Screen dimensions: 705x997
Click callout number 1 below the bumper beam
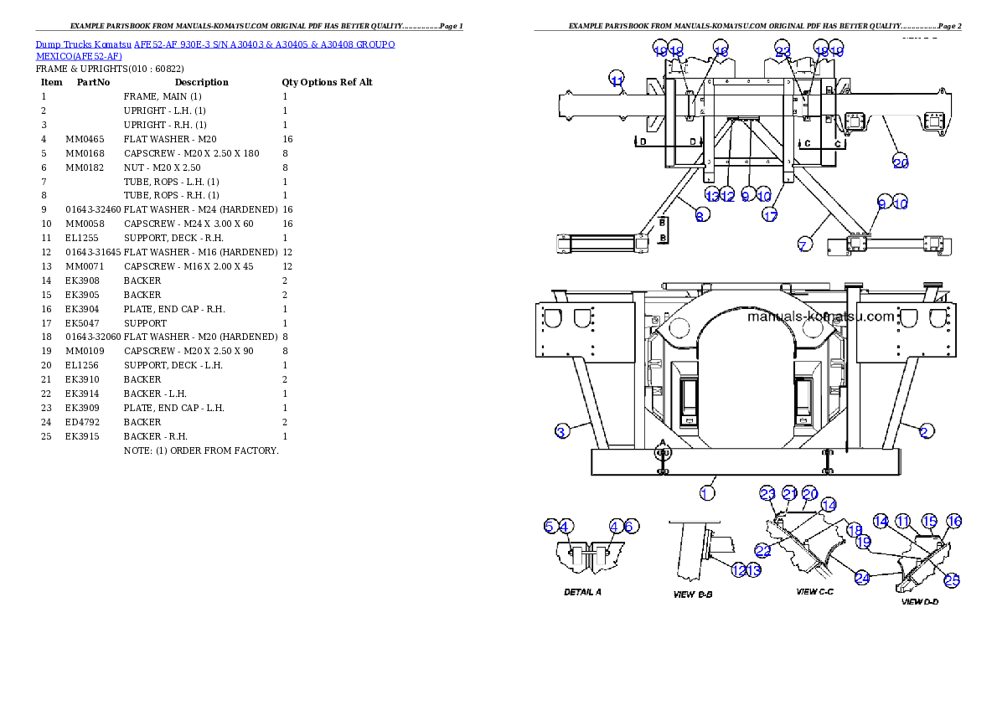coord(707,493)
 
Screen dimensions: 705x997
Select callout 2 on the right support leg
coord(924,431)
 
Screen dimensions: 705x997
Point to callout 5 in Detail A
coord(550,526)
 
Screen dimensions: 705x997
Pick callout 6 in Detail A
coord(631,526)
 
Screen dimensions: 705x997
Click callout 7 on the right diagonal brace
coord(803,245)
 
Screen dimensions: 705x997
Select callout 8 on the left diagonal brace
coord(702,215)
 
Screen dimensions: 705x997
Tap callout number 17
coord(770,215)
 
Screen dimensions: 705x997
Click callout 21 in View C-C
coord(789,493)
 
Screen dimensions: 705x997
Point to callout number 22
coord(763,550)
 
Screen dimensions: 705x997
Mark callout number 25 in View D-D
coord(952,579)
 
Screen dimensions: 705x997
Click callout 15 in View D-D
coord(928,521)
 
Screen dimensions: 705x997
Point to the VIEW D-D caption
coord(919,601)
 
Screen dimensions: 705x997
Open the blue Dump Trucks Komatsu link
coord(215,49)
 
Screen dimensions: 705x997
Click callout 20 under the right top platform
coord(901,162)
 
